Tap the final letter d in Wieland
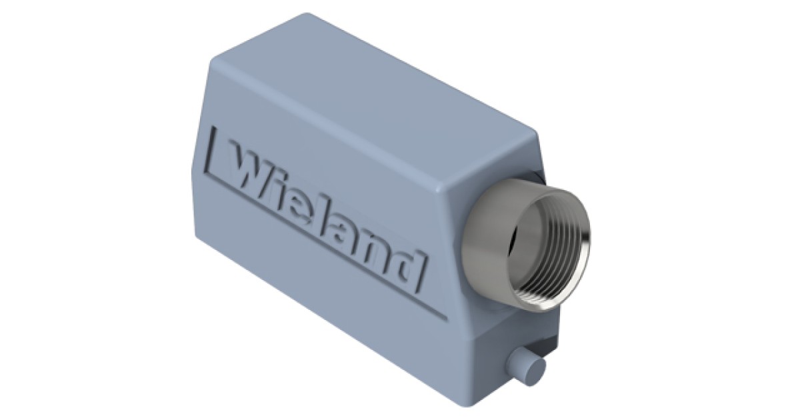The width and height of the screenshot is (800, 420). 409,265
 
